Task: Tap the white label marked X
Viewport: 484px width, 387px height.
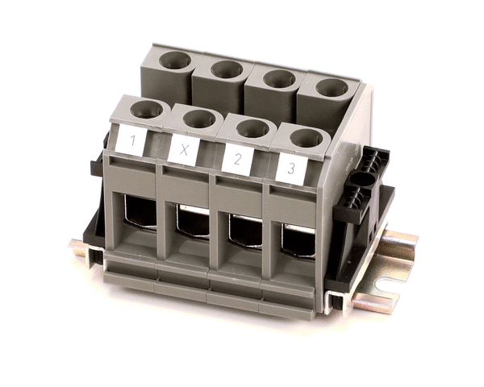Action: [x=184, y=150]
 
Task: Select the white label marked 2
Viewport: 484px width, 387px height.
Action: [x=238, y=160]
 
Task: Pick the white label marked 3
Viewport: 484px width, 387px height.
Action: [x=291, y=169]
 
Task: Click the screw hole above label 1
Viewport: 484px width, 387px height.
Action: [x=146, y=110]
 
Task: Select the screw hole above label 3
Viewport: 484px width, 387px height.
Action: [x=307, y=138]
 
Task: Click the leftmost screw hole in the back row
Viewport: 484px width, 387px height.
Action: [x=175, y=60]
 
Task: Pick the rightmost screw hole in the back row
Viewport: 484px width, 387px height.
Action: [x=332, y=88]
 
